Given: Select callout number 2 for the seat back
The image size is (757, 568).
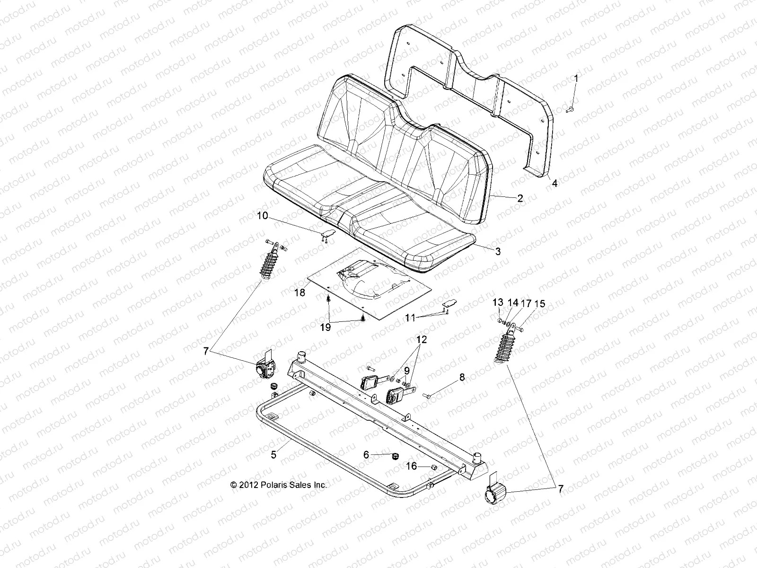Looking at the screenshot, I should point(520,198).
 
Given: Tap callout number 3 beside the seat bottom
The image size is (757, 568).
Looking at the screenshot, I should point(497,252).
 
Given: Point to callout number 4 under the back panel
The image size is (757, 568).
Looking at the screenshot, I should point(555,183).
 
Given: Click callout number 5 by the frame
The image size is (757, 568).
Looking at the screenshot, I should point(273,455).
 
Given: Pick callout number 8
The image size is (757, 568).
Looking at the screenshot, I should point(462,377).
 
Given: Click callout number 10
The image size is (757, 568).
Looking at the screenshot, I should point(263,216).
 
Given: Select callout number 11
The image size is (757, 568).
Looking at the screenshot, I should point(410,319).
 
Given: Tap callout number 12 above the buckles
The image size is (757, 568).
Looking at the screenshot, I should point(421,339).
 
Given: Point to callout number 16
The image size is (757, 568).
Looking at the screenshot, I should point(412,466).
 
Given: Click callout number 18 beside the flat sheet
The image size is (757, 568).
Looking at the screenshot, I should point(299,293).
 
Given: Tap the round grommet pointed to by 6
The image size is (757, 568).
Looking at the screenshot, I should point(395,456).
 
